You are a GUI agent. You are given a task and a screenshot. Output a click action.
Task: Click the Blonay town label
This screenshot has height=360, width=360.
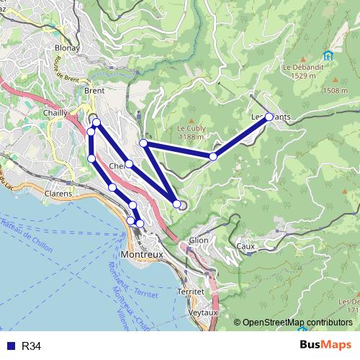[x=67, y=49]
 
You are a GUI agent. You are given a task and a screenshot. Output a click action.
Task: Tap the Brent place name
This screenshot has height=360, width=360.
[x=94, y=91]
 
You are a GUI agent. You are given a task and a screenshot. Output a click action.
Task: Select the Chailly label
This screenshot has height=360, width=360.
[x=55, y=112]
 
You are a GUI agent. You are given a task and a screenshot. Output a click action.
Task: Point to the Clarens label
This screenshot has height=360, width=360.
[x=58, y=194]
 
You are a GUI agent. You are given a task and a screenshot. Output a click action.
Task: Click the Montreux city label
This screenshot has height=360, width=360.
[x=143, y=254]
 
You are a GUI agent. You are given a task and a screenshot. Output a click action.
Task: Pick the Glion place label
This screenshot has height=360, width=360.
[x=198, y=240]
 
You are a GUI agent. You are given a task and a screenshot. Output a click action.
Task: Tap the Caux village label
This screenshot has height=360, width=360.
[x=246, y=246]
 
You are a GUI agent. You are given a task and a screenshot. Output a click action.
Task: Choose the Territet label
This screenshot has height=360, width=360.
[x=191, y=292]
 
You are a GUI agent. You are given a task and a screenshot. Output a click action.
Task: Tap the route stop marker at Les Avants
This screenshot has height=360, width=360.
[x=269, y=116]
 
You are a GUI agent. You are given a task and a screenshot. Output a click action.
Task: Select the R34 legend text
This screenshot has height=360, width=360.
[x=31, y=346]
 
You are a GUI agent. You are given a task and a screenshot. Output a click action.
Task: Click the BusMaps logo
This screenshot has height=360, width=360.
[x=325, y=346]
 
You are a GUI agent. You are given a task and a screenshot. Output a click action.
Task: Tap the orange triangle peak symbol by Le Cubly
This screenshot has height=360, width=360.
[x=192, y=120]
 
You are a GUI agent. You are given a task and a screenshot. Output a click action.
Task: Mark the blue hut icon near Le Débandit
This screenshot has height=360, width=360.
[x=328, y=55]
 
